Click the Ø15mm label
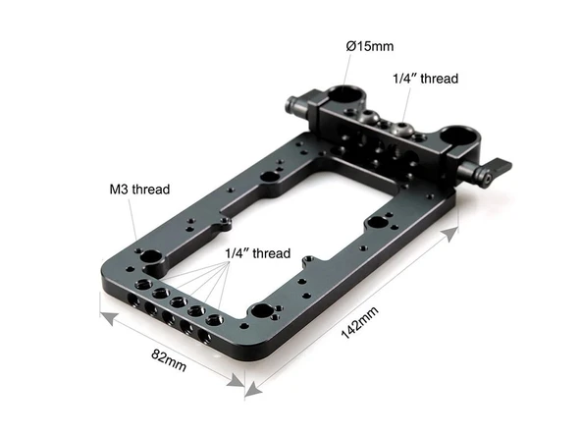click(369, 45)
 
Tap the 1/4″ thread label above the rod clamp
click(425, 79)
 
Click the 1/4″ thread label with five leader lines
click(258, 253)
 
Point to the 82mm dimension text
click(169, 365)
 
